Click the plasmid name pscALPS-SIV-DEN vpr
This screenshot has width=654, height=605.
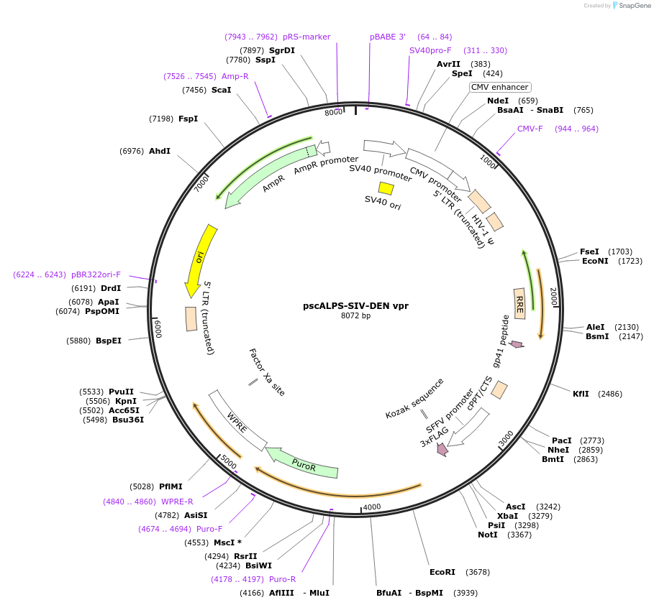355,305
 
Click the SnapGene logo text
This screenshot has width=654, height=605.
635,6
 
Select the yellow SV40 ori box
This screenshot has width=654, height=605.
386,188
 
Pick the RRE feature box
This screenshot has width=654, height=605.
519,300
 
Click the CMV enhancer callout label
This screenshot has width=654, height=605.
499,87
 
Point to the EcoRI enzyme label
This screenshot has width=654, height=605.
442,572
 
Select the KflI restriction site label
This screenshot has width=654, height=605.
581,394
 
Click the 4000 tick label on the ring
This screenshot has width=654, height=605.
372,507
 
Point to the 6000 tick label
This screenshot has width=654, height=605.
158,328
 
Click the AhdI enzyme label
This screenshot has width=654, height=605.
160,151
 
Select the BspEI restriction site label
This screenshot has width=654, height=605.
109,341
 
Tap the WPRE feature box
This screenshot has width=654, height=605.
235,421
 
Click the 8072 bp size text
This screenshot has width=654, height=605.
355,315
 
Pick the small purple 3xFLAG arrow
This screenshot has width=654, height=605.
442,449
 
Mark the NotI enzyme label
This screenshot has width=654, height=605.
487,535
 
